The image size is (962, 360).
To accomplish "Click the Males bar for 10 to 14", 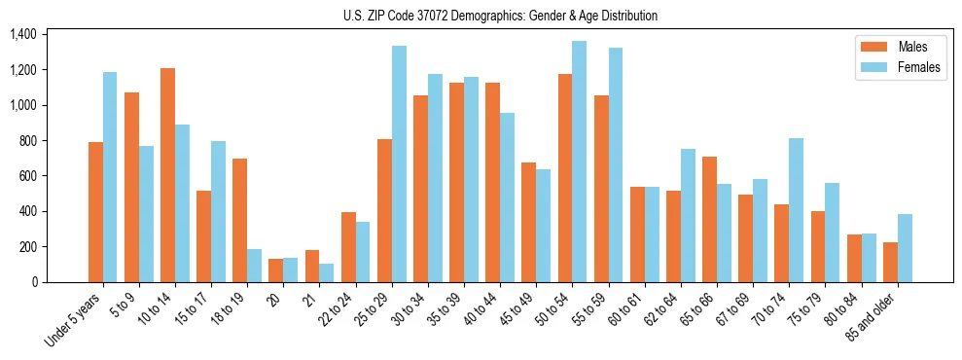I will (x=167, y=175).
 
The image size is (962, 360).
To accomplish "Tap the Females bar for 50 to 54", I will (x=579, y=162).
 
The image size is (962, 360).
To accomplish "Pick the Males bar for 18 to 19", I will (x=239, y=220).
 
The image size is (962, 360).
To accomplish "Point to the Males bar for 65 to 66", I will (x=709, y=219).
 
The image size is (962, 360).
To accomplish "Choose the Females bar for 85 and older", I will (x=905, y=248).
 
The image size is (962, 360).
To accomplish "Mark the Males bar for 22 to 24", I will (x=348, y=247).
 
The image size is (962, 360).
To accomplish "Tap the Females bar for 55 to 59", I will (x=616, y=164).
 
